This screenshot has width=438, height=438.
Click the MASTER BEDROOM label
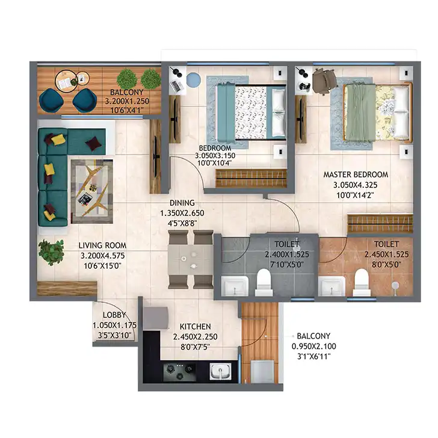[x=356, y=174]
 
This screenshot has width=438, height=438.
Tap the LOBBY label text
[x=114, y=315]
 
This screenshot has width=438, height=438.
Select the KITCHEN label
[x=196, y=327]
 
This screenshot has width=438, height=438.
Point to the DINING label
[x=182, y=203]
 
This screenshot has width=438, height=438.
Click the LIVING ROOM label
[x=102, y=245]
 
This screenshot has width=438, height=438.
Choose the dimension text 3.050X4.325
[x=356, y=185]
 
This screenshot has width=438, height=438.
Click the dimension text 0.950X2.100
[x=313, y=347]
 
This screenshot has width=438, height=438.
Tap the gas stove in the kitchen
[x=180, y=371]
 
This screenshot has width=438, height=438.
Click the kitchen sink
[x=220, y=371]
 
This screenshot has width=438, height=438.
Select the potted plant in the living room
[x=51, y=252]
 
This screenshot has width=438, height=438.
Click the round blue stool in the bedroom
[x=193, y=79]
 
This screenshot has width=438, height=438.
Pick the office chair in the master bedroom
[x=325, y=81]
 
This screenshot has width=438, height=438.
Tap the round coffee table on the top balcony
[x=67, y=81]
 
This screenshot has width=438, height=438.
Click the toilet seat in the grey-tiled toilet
[x=264, y=282]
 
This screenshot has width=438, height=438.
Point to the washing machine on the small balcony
[x=262, y=372]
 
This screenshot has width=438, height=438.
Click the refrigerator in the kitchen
[x=155, y=318]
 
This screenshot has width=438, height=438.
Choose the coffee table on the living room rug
[x=92, y=191]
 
